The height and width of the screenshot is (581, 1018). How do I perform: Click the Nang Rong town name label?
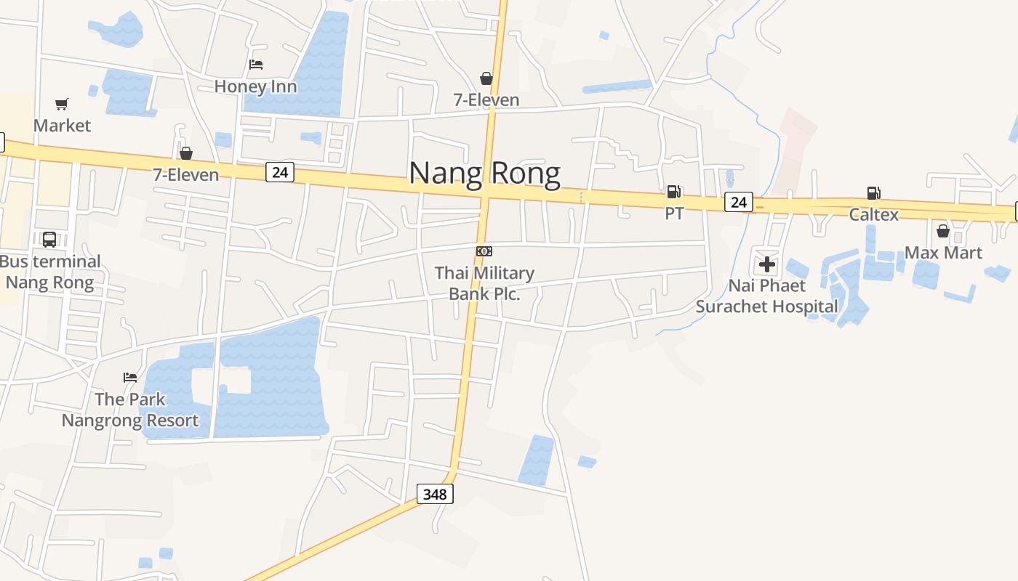484,174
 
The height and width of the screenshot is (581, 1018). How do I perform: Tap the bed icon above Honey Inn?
256,65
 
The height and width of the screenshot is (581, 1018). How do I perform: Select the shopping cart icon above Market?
62,105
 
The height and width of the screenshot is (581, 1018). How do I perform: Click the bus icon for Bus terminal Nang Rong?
49,239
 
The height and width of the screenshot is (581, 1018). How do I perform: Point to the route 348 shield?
435,495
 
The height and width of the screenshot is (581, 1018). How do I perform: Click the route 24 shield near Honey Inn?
280,172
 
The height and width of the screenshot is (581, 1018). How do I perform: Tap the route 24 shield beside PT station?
738,202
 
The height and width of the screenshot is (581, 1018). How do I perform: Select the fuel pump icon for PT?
674,192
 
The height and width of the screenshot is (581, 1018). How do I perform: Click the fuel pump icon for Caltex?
873,193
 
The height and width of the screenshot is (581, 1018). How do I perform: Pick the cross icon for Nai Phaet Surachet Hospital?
767,264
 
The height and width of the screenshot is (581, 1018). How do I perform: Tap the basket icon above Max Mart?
943,231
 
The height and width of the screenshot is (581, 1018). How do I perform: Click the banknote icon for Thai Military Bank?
484,251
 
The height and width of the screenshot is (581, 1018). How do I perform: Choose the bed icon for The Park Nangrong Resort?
130,377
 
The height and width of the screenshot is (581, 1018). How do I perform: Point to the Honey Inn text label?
255,86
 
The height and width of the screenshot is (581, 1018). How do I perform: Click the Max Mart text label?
943,253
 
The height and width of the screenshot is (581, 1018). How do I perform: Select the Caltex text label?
873,214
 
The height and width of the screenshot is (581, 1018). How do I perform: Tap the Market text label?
62,126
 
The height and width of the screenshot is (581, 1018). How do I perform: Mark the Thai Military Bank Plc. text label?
484,283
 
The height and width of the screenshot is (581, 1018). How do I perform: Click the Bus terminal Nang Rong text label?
49,272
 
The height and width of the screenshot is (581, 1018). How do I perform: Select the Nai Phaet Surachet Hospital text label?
767,296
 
